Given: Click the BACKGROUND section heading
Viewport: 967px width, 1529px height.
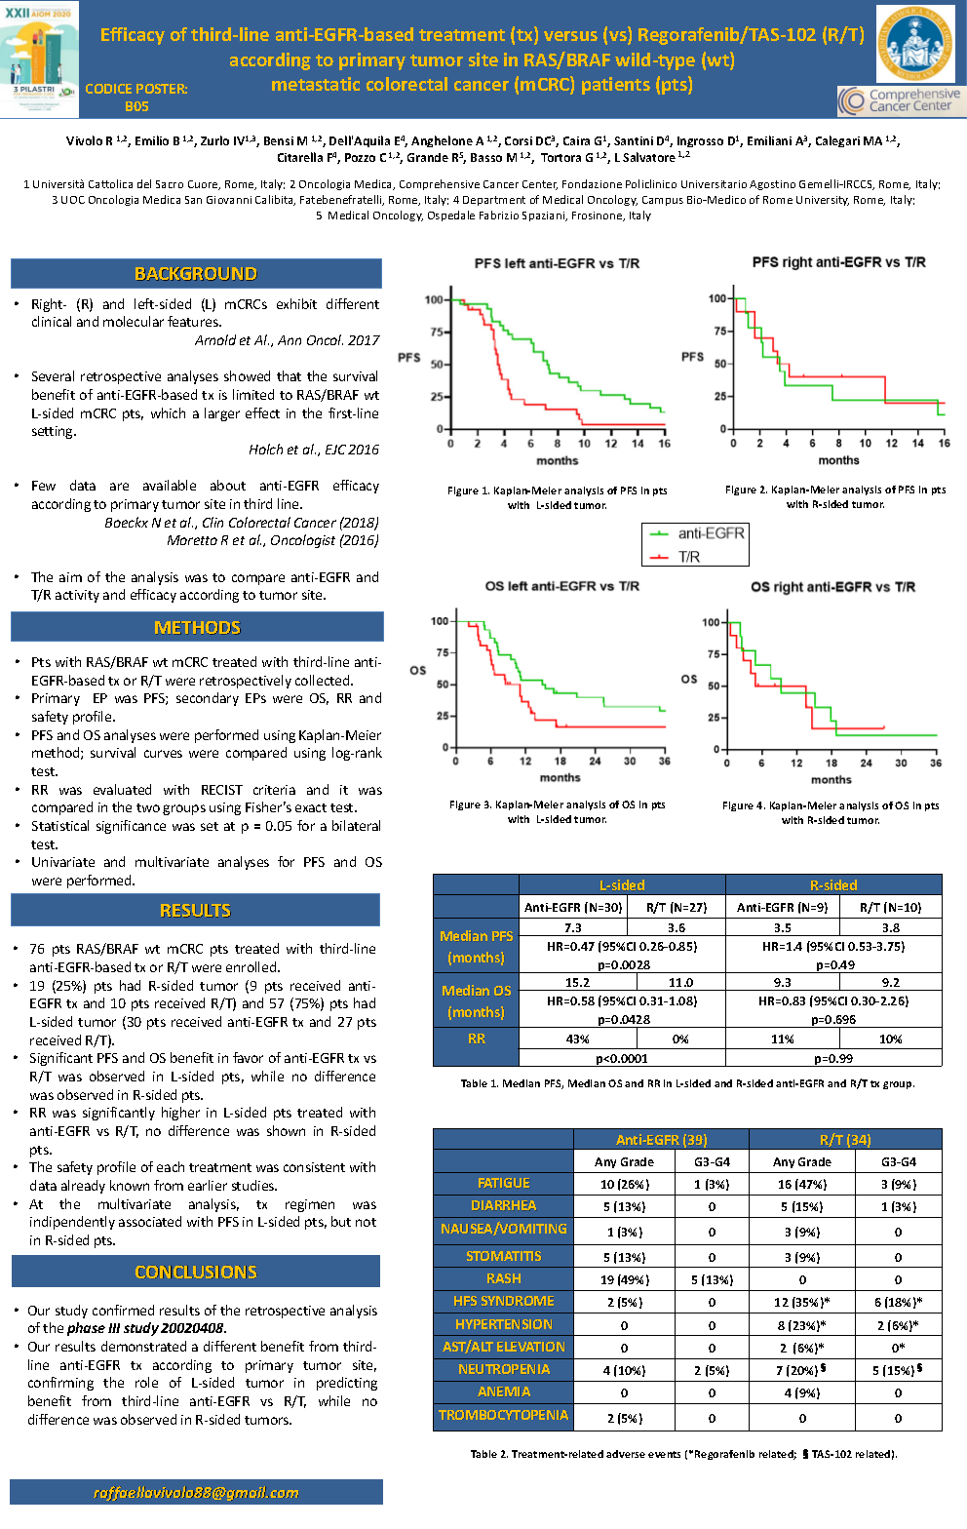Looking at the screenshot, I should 196,274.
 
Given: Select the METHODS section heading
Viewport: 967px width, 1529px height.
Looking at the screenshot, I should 197,627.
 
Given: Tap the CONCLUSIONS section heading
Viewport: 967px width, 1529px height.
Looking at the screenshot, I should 196,1272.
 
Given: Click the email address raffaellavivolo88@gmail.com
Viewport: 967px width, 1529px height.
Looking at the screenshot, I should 196,1492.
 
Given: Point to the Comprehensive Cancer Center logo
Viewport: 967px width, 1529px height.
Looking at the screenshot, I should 900,100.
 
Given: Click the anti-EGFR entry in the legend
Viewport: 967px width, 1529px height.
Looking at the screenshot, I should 710,533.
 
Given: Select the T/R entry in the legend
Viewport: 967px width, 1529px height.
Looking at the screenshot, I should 688,557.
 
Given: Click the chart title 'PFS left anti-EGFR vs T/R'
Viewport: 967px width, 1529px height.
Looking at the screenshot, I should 557,263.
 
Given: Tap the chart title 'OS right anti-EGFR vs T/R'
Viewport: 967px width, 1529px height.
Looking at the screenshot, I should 832,587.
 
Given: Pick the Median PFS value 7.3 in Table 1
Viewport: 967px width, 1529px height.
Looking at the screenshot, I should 573,927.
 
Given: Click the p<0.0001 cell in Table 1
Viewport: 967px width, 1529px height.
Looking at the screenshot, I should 621,1058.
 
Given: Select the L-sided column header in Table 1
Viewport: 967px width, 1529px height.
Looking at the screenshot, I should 622,885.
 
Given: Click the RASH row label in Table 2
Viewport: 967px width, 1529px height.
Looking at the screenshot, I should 503,1278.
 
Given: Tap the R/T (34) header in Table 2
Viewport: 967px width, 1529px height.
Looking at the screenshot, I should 845,1139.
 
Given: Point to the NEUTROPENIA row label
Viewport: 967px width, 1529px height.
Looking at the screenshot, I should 503,1369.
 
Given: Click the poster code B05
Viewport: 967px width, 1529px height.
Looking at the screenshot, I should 136,105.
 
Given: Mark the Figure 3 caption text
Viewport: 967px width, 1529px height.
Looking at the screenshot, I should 557,812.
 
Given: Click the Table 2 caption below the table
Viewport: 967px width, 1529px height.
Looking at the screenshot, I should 683,1454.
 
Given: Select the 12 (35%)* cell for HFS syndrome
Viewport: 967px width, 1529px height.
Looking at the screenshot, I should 802,1302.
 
